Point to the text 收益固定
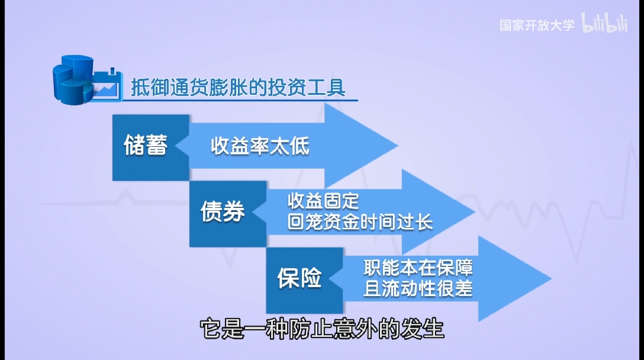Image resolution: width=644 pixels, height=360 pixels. [x=323, y=201]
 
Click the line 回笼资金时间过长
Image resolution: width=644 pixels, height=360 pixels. [x=360, y=222]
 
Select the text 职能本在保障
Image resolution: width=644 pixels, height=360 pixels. [x=418, y=268]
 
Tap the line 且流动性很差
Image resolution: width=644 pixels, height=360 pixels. [x=418, y=289]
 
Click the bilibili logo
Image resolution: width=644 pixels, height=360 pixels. [x=604, y=24]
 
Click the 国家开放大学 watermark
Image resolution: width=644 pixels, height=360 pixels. [x=536, y=25]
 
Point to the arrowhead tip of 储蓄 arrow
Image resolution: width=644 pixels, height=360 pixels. [x=395, y=146]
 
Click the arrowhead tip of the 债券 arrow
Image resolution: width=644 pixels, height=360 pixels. [x=473, y=212]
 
